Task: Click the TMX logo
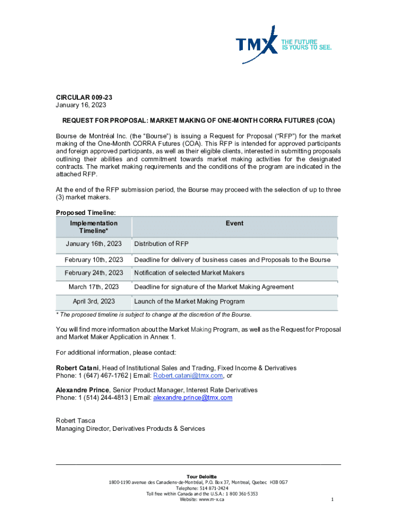257,46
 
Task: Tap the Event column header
235,223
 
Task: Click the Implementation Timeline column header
94,227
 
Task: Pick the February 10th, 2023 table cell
94,260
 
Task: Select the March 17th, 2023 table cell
94,287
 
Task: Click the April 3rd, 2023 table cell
94,301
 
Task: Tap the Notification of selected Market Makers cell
189,273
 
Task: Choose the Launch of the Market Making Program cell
189,301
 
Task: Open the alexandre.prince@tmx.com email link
193,398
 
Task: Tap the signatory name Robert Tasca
76,421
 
